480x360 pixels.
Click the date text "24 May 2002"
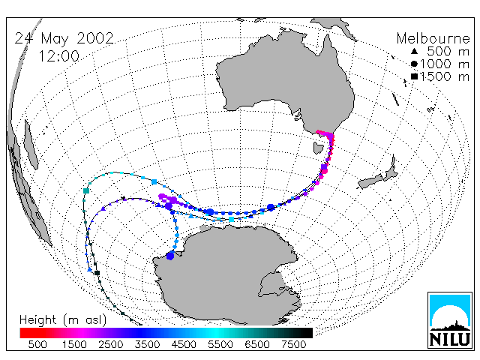click(64, 39)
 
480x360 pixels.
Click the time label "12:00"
click(59, 56)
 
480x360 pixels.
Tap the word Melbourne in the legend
click(433, 38)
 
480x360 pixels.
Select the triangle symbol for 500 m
click(414, 52)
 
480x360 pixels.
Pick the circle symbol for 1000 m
click(414, 64)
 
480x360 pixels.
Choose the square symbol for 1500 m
click(414, 76)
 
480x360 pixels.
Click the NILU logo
click(450, 320)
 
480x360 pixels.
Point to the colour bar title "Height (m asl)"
click(63, 320)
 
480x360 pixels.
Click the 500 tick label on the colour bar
click(37, 345)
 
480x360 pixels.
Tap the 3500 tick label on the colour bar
click(147, 345)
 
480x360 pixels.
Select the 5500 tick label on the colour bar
click(220, 345)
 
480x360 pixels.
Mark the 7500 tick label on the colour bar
click(293, 345)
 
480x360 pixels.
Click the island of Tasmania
click(318, 148)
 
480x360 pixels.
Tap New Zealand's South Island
click(370, 182)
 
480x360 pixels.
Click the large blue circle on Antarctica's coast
click(170, 256)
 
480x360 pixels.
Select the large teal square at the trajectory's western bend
click(86, 191)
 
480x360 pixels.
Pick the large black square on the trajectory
click(97, 273)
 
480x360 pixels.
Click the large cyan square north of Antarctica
click(232, 219)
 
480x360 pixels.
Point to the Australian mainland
click(285, 79)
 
